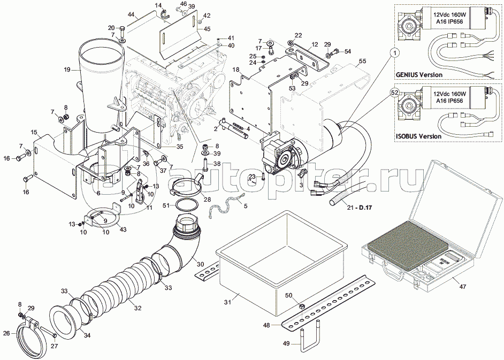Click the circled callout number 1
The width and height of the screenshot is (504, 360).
pyautogui.click(x=394, y=52)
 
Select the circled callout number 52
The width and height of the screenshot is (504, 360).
pyautogui.click(x=394, y=93)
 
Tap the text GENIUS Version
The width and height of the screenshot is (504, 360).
pyautogui.click(x=419, y=74)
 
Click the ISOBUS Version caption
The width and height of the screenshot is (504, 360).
pyautogui.click(x=418, y=136)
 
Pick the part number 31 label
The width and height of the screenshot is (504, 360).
pyautogui.click(x=226, y=302)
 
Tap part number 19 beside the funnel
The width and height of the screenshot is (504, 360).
pyautogui.click(x=67, y=70)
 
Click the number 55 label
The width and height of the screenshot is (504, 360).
pyautogui.click(x=362, y=62)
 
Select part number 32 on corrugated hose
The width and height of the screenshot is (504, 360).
pyautogui.click(x=138, y=308)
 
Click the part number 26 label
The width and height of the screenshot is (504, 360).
pyautogui.click(x=6, y=333)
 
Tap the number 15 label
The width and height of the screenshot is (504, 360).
pyautogui.click(x=34, y=132)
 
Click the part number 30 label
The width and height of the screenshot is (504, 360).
pyautogui.click(x=200, y=263)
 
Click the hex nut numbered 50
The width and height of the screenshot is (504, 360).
pyautogui.click(x=301, y=307)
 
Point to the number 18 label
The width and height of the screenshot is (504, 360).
pyautogui.click(x=236, y=70)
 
